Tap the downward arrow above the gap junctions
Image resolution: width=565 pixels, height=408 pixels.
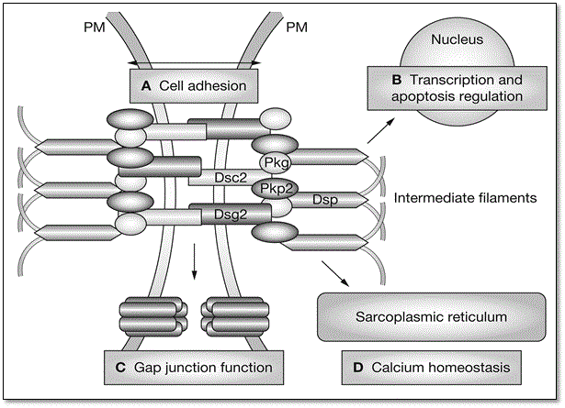[195, 265]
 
